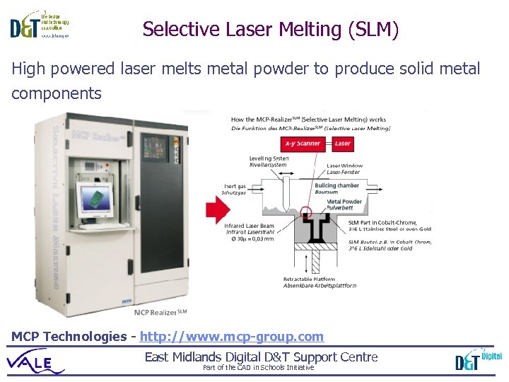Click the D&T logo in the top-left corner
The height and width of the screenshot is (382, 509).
pyautogui.click(x=39, y=25)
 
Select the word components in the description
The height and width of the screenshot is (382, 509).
pyautogui.click(x=57, y=93)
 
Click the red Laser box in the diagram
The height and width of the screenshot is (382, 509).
pyautogui.click(x=343, y=144)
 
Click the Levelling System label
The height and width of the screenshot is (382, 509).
pyautogui.click(x=269, y=161)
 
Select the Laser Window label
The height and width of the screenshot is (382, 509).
pyautogui.click(x=344, y=169)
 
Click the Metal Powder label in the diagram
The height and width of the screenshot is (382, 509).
pyautogui.click(x=344, y=205)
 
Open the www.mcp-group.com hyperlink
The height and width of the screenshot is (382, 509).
pyautogui.click(x=232, y=337)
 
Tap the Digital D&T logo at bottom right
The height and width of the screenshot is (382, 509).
pyautogui.click(x=478, y=360)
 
